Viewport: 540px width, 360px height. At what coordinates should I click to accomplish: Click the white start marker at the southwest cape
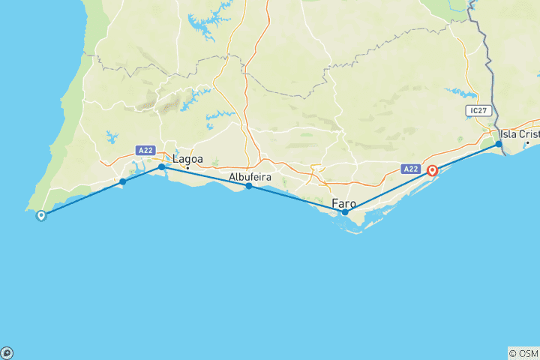pyautogui.click(x=41, y=215)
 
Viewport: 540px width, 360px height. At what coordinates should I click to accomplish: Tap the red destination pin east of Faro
pyautogui.click(x=433, y=171)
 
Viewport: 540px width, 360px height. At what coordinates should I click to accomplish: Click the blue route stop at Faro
pyautogui.click(x=345, y=212)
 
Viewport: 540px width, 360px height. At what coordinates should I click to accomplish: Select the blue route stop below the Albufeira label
pyautogui.click(x=249, y=186)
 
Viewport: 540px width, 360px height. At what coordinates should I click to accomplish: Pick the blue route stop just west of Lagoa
pyautogui.click(x=161, y=166)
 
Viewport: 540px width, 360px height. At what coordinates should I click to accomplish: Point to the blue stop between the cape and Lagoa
pyautogui.click(x=123, y=181)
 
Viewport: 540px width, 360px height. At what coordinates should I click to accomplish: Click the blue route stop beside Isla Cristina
pyautogui.click(x=499, y=143)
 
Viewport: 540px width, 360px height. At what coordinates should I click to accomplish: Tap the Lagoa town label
pyautogui.click(x=187, y=159)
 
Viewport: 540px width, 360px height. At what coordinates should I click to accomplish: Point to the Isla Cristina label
pyautogui.click(x=519, y=133)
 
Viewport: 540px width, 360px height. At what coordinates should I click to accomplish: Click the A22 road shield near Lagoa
pyautogui.click(x=145, y=151)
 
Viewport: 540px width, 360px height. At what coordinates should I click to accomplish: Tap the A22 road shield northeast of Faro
pyautogui.click(x=410, y=169)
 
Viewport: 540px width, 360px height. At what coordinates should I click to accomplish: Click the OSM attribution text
pyautogui.click(x=523, y=353)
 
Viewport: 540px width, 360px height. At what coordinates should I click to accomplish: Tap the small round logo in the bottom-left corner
pyautogui.click(x=7, y=352)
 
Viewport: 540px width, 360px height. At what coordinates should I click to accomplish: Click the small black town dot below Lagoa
pyautogui.click(x=187, y=166)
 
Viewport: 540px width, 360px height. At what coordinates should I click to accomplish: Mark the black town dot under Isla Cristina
pyautogui.click(x=527, y=142)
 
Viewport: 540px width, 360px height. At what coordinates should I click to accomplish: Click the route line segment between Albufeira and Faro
pyautogui.click(x=297, y=199)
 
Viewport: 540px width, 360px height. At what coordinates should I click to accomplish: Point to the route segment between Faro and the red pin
pyautogui.click(x=388, y=192)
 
